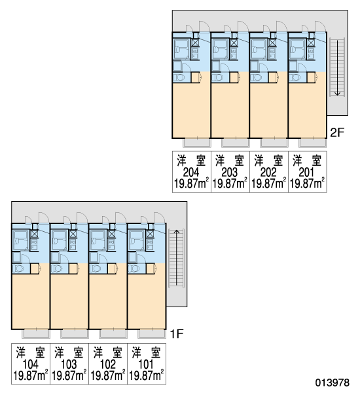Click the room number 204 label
(x=191, y=172)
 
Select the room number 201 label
(x=306, y=172)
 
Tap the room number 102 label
(x=108, y=364)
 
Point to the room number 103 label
(x=69, y=364)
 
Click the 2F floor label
(x=337, y=132)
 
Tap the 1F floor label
(x=177, y=334)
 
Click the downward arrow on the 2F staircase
(x=338, y=68)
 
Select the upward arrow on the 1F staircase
(x=177, y=257)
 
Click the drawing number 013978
(x=333, y=383)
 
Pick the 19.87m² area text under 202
(x=268, y=183)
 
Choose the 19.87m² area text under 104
(x=31, y=375)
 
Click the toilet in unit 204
(x=179, y=77)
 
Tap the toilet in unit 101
(x=134, y=269)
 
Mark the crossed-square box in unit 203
(x=234, y=43)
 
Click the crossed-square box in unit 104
(x=34, y=234)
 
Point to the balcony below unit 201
(x=313, y=143)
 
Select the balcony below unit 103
(x=75, y=334)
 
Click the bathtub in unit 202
(x=258, y=49)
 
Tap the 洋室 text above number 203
(x=230, y=160)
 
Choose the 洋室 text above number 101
(x=146, y=352)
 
